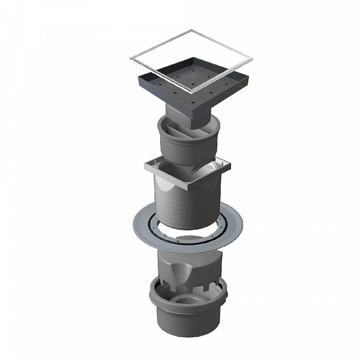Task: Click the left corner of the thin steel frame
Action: [131, 59]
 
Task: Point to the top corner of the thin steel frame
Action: [198, 28]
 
